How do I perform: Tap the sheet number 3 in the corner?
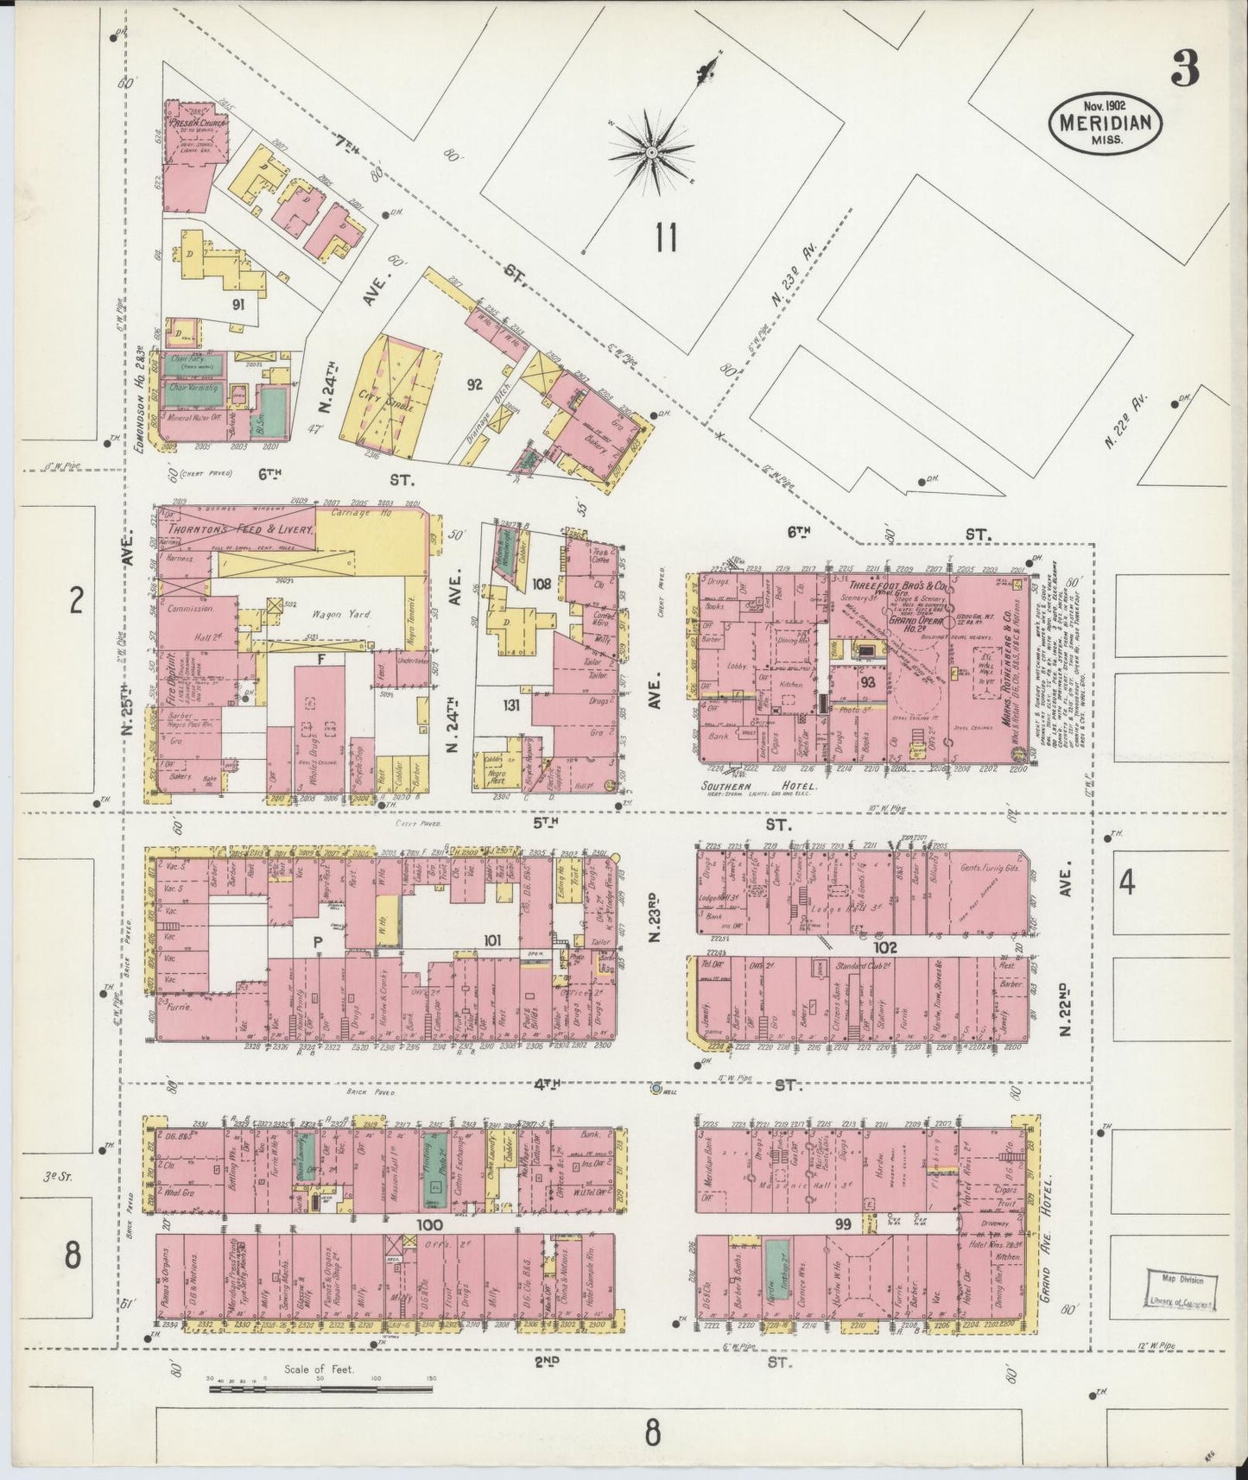[1184, 69]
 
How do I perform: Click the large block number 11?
[665, 237]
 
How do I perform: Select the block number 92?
[474, 385]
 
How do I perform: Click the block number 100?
[429, 1224]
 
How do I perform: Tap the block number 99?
[843, 1224]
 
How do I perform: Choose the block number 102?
[885, 947]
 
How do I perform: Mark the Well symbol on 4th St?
[656, 1088]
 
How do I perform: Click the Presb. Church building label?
[195, 123]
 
